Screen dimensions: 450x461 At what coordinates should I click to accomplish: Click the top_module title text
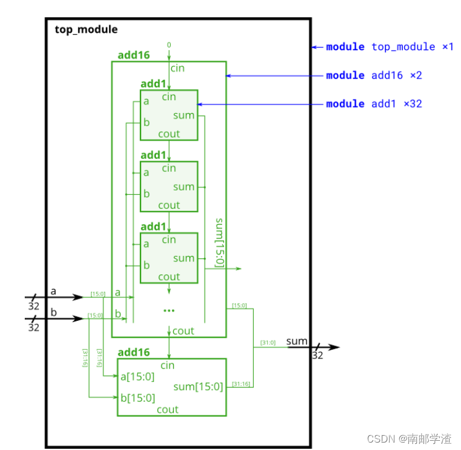coord(86,29)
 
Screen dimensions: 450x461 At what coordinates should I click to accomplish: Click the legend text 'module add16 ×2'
coord(374,75)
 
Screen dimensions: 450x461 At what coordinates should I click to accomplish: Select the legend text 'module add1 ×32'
coord(374,104)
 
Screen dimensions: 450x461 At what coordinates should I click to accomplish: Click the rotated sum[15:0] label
coord(219,242)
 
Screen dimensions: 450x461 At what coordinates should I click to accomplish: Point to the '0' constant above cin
coord(168,45)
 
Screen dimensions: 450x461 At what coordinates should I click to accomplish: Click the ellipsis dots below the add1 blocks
coord(169,310)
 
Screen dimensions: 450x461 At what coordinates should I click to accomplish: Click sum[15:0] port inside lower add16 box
coord(198,387)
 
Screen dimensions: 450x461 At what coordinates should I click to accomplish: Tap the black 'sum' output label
coord(297,341)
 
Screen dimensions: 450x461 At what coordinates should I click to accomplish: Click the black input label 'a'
coord(53,291)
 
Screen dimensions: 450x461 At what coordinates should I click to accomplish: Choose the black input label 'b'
coord(53,312)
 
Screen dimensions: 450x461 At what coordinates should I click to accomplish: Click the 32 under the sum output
coord(317,355)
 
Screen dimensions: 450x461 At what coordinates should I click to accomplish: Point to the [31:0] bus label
coord(267,342)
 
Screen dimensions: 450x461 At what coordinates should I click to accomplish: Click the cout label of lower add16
coord(168,409)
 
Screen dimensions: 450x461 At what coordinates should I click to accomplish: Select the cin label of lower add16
coord(168,366)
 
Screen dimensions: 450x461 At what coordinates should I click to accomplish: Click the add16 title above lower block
coord(134,352)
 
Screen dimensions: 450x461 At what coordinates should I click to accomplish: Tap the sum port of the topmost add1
coord(184,115)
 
